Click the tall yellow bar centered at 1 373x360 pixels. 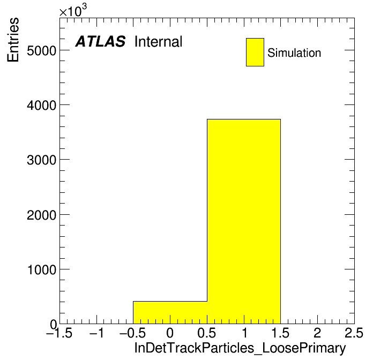pos(244,221)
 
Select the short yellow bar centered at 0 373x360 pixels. pos(170,312)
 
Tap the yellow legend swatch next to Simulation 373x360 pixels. pos(255,52)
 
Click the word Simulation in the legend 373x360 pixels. pos(294,52)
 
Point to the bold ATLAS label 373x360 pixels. pos(100,41)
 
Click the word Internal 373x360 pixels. pos(159,41)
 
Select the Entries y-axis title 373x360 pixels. pos(13,40)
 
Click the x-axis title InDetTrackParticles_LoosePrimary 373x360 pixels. pos(240,348)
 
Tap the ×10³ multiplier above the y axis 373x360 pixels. pos(73,11)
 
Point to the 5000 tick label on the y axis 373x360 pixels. pos(41,50)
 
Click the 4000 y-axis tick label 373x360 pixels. pos(41,105)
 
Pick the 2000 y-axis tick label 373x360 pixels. pos(41,215)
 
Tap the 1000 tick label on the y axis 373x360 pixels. pos(42,269)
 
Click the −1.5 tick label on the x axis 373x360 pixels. pos(59,333)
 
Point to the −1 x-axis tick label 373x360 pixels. pos(96,333)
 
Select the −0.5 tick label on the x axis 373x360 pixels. pos(132,333)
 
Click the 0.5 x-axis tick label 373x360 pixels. pos(207,333)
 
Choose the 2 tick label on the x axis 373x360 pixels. pos(317,333)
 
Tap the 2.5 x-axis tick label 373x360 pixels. pos(354,333)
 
